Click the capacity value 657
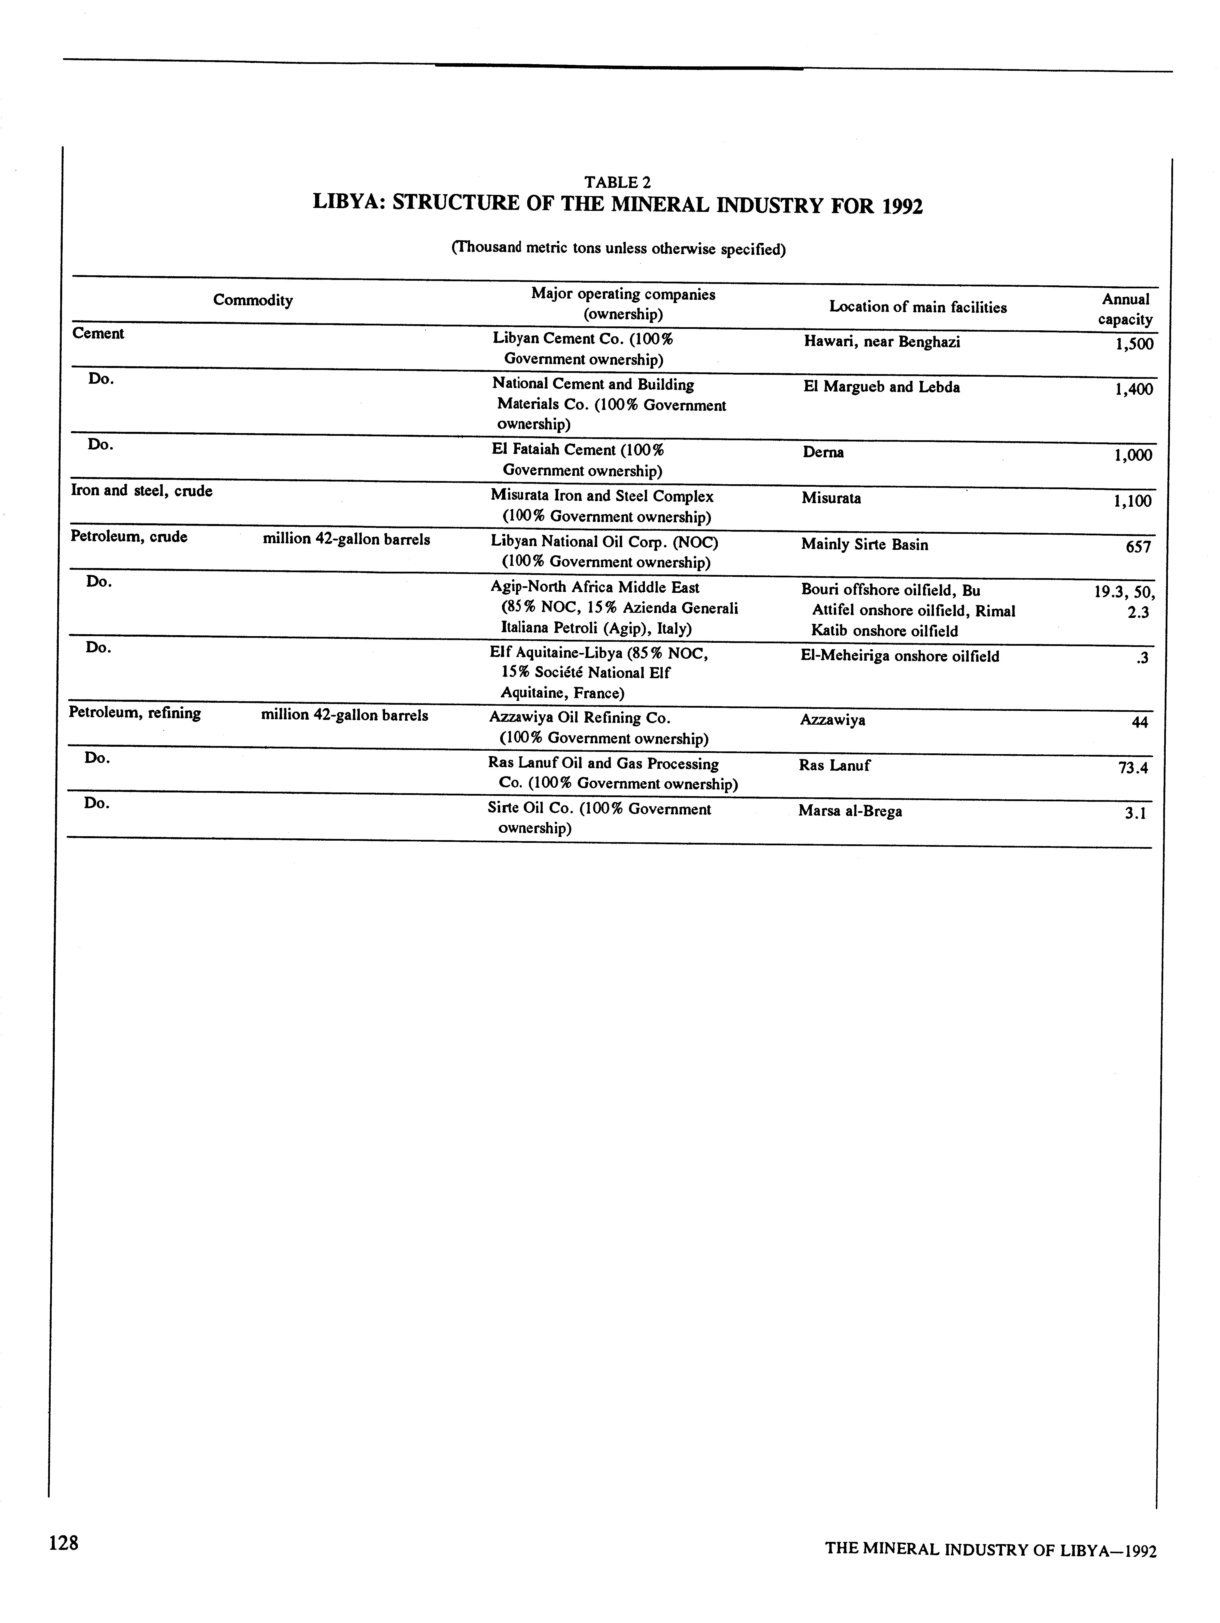tap(1138, 547)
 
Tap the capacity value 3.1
tap(1135, 813)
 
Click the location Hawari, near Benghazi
tap(881, 342)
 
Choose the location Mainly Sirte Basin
tap(864, 544)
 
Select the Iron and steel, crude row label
tap(141, 491)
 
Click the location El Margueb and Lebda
tap(881, 387)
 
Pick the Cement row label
tap(98, 334)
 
